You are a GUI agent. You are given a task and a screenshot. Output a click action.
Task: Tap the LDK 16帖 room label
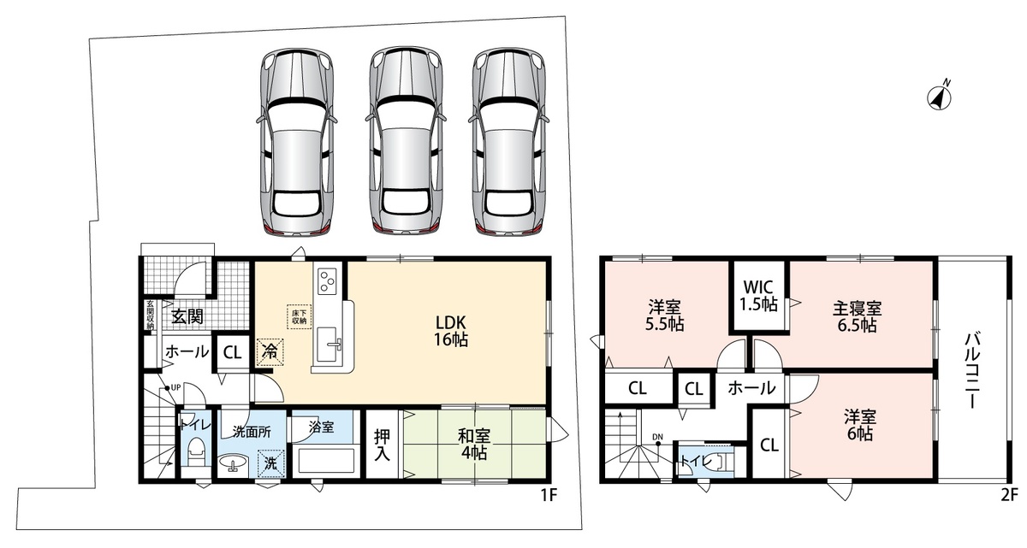pos(451,331)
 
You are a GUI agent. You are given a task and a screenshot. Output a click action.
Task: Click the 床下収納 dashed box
pos(299,317)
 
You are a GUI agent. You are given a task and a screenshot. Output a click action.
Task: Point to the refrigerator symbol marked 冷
pos(270,351)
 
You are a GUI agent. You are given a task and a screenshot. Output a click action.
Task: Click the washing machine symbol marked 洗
pos(270,463)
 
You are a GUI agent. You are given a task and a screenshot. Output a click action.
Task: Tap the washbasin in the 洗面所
pos(234,464)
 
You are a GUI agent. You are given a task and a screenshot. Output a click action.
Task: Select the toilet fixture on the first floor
pos(198,451)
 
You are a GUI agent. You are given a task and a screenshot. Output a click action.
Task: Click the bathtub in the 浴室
pos(326,461)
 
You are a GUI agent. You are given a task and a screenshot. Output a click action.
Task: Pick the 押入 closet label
pos(382,445)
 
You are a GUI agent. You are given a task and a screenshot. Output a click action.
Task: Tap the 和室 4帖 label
pos(474,444)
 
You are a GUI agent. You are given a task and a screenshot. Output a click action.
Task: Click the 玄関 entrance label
pos(187,316)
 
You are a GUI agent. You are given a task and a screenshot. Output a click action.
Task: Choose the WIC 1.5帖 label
pos(759,296)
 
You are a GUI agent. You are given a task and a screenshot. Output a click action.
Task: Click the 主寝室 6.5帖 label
pos(857,316)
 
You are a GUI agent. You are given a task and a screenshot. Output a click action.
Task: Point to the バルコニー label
pos(971,371)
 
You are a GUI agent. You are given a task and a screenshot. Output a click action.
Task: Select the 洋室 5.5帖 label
pos(665,315)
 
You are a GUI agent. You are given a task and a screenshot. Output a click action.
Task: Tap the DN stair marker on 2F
pos(657,437)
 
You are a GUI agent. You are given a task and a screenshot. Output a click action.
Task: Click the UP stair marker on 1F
pos(175,387)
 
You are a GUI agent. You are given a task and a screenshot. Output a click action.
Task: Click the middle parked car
pos(406,140)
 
